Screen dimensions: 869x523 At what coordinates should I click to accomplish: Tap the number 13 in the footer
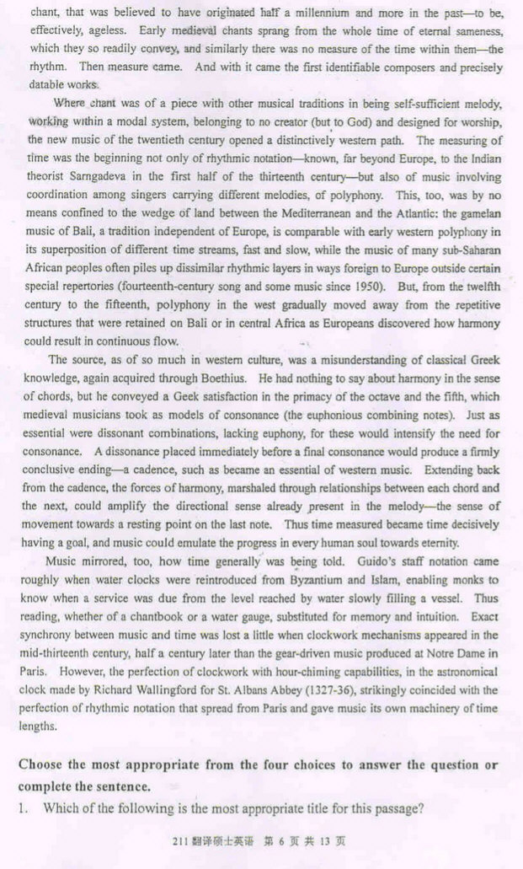click(x=327, y=845)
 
